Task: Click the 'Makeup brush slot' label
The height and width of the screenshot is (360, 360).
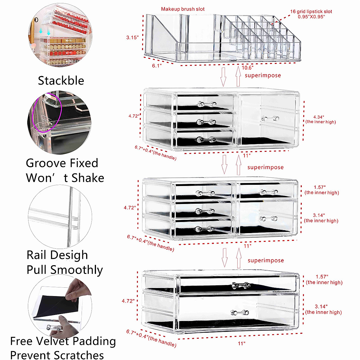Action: [x=183, y=9]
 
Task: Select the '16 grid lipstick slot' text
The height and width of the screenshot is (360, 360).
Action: [x=311, y=12]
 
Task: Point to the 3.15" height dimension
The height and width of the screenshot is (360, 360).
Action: [x=132, y=37]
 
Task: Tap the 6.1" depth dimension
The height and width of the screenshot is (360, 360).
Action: [x=157, y=66]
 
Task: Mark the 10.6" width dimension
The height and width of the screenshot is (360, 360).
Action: [x=247, y=68]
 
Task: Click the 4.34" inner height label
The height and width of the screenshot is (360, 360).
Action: [x=319, y=117]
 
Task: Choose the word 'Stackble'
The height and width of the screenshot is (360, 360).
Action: [x=61, y=81]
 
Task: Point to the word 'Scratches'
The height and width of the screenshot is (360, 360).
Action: [x=80, y=355]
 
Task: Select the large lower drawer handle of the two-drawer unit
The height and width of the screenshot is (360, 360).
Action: [x=239, y=313]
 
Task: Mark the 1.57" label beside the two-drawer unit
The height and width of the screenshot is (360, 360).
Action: [x=322, y=277]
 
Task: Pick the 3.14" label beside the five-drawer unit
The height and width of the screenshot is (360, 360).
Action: [x=319, y=215]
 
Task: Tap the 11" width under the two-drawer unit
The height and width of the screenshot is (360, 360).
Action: [x=241, y=343]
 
